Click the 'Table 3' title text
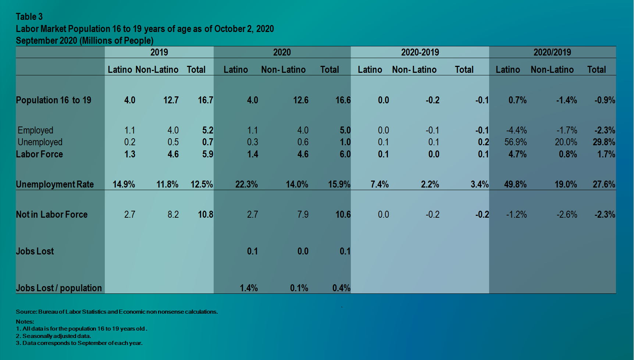29,17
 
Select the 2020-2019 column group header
420,52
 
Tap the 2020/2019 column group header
552,52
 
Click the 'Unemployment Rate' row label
55,184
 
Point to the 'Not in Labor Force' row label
51,214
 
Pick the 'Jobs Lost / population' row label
59,288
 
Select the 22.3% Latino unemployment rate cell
246,184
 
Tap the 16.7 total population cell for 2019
205,100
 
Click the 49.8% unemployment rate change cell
515,184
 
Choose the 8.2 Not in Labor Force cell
173,214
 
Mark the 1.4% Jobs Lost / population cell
249,288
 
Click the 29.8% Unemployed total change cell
604,142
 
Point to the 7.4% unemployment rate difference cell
380,184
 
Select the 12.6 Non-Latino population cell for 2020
300,100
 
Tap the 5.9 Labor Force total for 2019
207,154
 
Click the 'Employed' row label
35,130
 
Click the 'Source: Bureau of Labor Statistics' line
117,312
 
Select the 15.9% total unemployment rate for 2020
339,184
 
